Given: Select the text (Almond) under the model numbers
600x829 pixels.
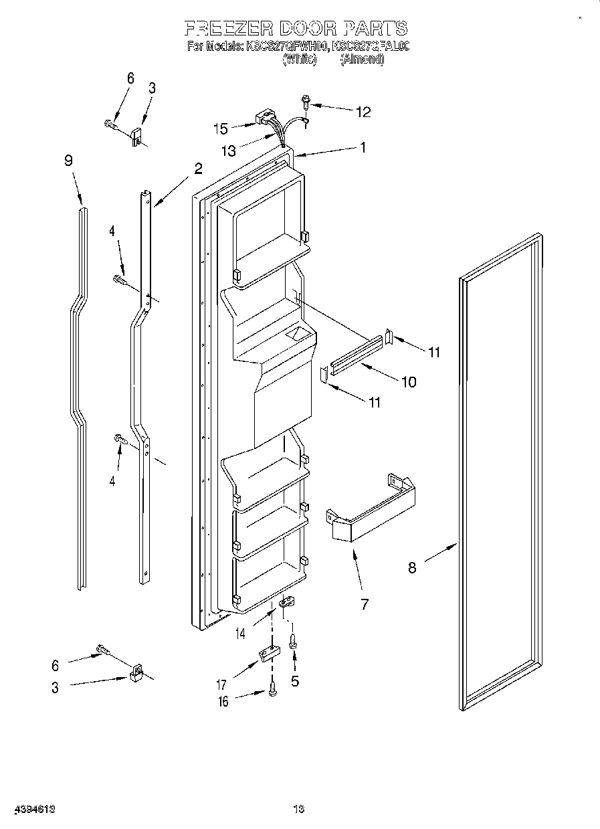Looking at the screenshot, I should point(362,59).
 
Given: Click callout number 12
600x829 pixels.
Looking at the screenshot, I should point(363,112).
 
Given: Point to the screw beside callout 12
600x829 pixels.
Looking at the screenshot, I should point(306,102).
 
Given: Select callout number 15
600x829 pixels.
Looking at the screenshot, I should point(221,128).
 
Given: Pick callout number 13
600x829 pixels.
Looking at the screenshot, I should point(229,151).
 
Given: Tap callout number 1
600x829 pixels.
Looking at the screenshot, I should point(363,148).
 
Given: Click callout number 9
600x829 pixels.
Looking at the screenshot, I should point(68,161).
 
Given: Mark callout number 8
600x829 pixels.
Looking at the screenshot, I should point(412,567).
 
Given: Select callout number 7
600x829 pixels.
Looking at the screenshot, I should point(365,604).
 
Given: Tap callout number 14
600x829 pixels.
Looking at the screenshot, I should point(239,632).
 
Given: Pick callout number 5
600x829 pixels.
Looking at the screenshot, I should point(294,681).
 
